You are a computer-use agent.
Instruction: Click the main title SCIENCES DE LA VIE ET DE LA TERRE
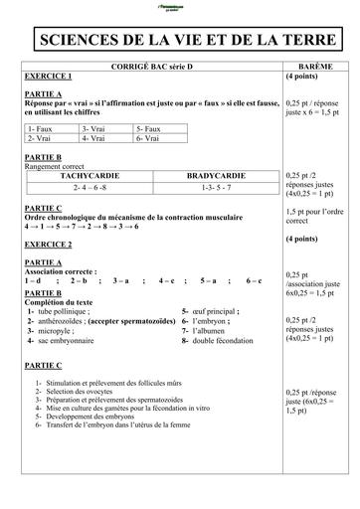coord(180,40)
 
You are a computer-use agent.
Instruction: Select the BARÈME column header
coord(316,66)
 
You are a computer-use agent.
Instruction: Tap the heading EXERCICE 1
coord(49,76)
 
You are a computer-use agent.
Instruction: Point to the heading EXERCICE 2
coord(49,244)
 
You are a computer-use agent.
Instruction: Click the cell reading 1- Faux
coord(43,129)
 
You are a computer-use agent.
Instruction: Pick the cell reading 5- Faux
coord(148,129)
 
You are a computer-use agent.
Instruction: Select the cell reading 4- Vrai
coord(95,139)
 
